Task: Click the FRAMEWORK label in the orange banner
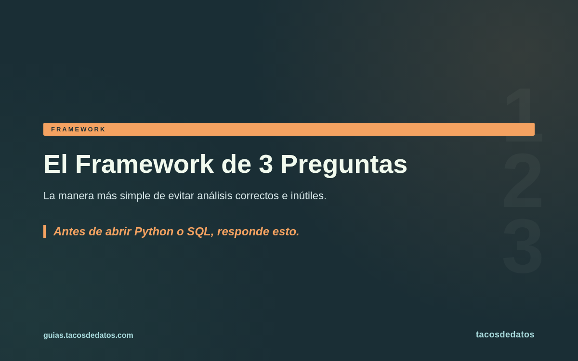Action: click(x=78, y=129)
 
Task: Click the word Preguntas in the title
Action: click(x=344, y=165)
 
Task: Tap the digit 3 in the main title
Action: click(x=266, y=164)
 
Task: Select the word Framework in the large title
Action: click(x=144, y=164)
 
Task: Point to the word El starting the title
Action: click(x=55, y=164)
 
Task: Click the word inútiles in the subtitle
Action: click(x=309, y=196)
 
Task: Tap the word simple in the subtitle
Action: click(x=135, y=196)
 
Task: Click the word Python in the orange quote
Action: click(x=154, y=232)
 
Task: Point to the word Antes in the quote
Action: click(x=69, y=232)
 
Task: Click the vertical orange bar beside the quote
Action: click(x=45, y=232)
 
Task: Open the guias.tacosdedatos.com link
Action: click(x=88, y=335)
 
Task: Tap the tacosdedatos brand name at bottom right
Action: click(x=505, y=335)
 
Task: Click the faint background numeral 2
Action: click(x=523, y=180)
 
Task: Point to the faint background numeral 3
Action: click(x=523, y=246)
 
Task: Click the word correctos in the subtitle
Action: click(x=257, y=196)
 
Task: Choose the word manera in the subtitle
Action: click(x=76, y=196)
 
